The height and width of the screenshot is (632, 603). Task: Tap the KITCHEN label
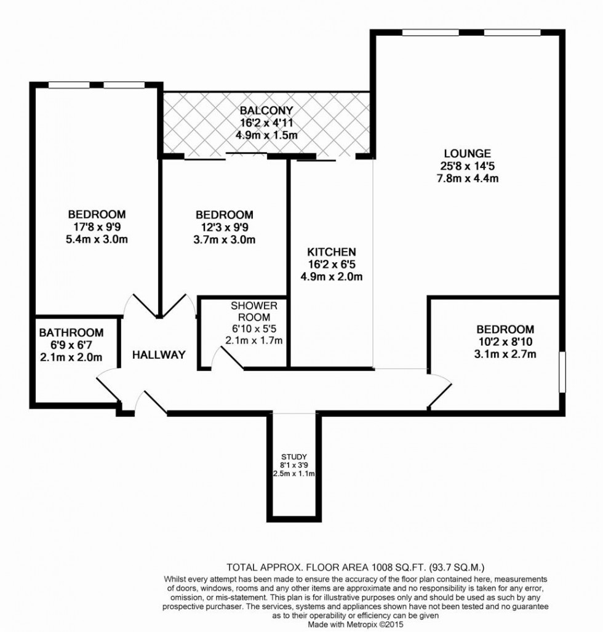click(331, 252)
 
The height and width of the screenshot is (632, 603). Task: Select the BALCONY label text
click(266, 110)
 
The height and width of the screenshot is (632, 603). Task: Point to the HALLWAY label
click(159, 354)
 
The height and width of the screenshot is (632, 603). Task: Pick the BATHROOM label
click(71, 333)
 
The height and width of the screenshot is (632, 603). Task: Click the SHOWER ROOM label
click(254, 311)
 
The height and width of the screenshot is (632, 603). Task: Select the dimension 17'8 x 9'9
click(97, 227)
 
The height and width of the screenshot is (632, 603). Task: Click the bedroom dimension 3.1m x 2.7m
click(505, 354)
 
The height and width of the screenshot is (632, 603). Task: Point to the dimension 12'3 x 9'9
click(225, 227)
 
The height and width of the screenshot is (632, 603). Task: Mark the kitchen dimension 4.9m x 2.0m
click(331, 276)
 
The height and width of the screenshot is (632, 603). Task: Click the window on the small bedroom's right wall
click(561, 371)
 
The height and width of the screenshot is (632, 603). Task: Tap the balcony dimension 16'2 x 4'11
click(266, 122)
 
